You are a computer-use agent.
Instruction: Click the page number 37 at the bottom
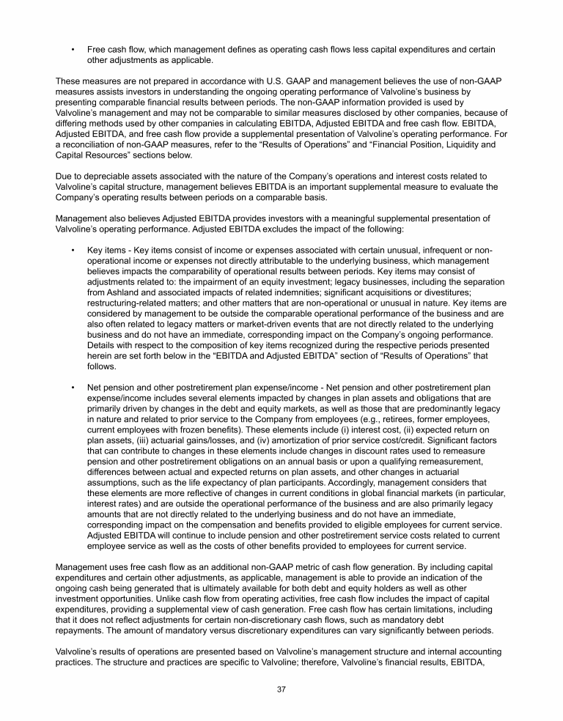[281, 689]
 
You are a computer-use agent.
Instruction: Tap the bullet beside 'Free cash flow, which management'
[73, 49]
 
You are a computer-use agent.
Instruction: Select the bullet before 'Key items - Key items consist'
[73, 250]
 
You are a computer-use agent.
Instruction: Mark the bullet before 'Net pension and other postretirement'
[73, 387]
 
